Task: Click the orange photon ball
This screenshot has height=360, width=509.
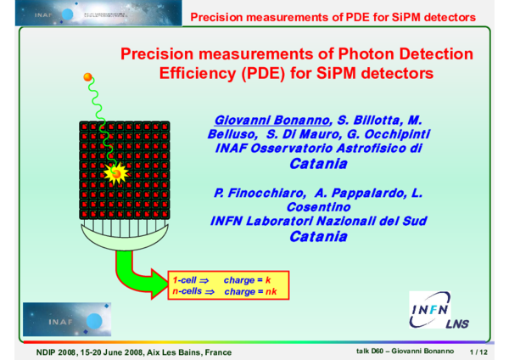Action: pos(87,78)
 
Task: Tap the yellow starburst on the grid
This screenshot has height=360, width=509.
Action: pos(115,173)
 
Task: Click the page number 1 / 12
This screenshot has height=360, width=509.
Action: pos(478,351)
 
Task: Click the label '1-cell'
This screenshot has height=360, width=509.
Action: pos(186,279)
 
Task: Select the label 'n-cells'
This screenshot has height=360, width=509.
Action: pos(187,291)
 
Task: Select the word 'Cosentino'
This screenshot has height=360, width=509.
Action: pos(318,207)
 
